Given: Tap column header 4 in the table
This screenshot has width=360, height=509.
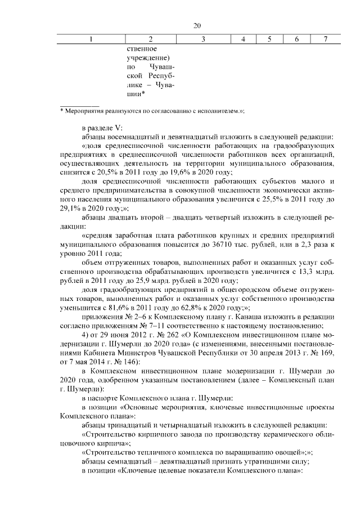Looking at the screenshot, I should point(243,39).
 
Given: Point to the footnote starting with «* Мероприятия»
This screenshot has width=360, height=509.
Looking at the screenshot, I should point(152,111).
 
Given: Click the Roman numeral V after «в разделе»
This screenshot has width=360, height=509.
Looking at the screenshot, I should point(126,127).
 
